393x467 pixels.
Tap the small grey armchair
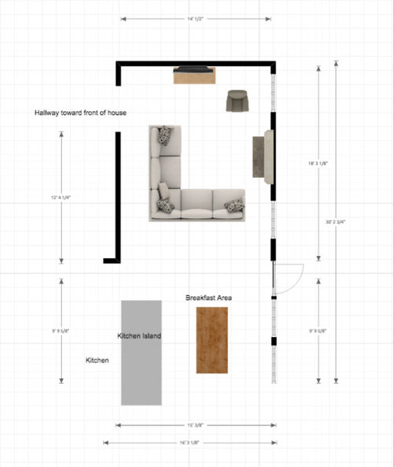click(x=237, y=101)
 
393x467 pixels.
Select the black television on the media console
click(x=194, y=69)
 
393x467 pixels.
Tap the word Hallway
click(x=49, y=113)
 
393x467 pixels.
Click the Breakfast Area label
click(x=208, y=298)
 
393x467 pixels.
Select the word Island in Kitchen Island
click(x=152, y=336)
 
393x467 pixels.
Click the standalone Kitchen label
click(x=97, y=360)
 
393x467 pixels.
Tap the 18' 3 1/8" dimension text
click(x=318, y=164)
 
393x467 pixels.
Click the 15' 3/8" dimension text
click(x=196, y=425)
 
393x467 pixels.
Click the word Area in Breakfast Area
click(x=223, y=298)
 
